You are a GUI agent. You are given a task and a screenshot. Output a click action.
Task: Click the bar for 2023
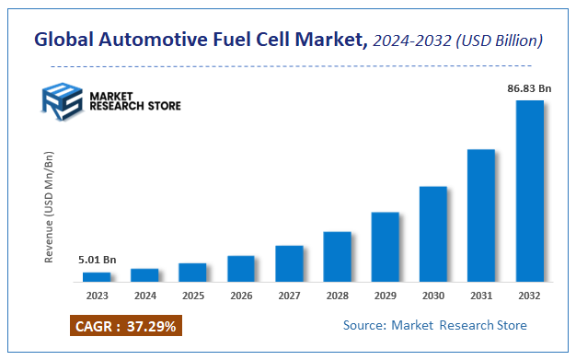point(97,276)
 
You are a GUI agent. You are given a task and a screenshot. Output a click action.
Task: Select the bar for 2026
point(240,268)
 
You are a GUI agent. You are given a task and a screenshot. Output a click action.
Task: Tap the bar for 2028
point(337,256)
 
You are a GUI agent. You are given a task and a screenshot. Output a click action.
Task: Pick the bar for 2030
point(433,234)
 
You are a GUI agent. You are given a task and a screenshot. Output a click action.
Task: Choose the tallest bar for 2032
point(529,191)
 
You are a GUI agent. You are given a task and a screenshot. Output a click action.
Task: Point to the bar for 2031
point(481,215)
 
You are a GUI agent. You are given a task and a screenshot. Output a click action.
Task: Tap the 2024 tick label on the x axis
point(144,296)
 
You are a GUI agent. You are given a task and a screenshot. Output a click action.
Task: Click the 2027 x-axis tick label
point(289,296)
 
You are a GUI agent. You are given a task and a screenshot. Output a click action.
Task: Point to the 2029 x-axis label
point(385,296)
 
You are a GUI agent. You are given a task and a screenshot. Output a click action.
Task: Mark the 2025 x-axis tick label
point(192,296)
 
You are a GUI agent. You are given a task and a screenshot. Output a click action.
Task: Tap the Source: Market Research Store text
point(435,325)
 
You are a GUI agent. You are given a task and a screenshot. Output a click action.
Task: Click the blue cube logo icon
point(61,100)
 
